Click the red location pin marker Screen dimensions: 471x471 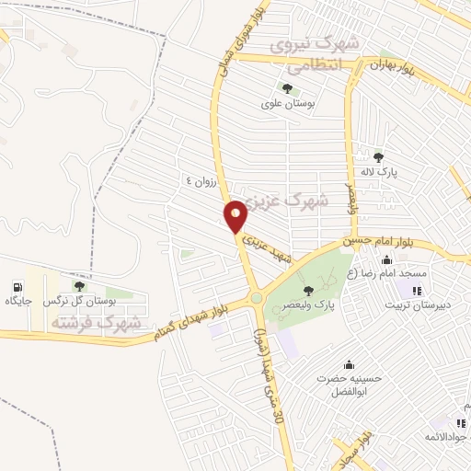click(235, 216)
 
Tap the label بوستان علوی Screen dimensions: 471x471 click(288, 105)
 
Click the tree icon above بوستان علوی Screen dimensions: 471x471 click(288, 89)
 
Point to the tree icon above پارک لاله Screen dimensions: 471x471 click(379, 156)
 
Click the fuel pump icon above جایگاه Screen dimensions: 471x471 click(18, 286)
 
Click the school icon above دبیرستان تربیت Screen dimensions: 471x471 click(406, 291)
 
